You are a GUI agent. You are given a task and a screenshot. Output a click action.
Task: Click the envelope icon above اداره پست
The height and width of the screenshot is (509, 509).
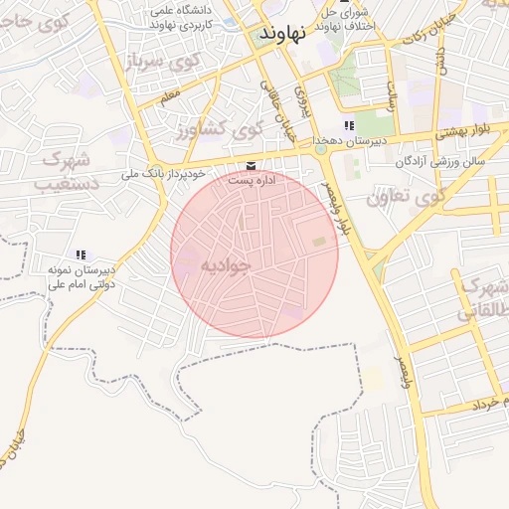250,165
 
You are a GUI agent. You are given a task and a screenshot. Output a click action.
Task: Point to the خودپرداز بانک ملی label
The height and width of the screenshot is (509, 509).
162,174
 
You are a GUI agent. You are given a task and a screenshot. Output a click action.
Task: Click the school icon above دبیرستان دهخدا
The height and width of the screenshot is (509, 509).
348,125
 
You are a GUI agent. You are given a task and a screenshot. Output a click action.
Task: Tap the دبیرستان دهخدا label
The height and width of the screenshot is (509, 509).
348,142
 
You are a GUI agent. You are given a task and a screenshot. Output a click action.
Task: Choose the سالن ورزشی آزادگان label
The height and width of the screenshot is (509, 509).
439,160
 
